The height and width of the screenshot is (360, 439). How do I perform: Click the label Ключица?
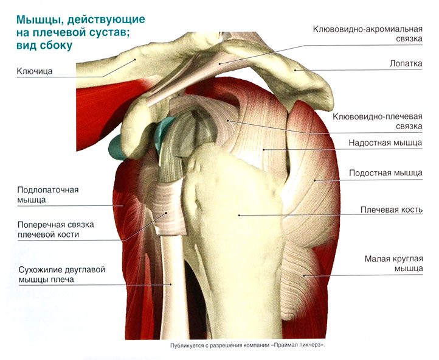(35, 71)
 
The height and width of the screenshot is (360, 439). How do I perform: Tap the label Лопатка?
(406, 63)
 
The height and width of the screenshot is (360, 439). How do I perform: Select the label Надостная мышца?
(385, 143)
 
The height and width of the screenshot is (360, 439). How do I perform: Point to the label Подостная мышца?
(385, 173)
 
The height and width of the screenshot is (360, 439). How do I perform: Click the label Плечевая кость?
(392, 210)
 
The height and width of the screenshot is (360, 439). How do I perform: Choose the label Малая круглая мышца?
(393, 264)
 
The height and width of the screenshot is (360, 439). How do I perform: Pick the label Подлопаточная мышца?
(48, 195)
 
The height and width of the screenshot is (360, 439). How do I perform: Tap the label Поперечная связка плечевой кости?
(56, 230)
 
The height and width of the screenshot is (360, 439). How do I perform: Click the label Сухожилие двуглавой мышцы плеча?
(62, 275)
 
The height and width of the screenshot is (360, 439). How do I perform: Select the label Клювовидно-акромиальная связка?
(368, 34)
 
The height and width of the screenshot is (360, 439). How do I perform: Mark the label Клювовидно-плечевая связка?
(378, 121)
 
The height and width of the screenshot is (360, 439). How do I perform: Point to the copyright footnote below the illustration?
(248, 345)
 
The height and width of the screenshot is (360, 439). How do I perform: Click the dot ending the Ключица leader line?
(134, 60)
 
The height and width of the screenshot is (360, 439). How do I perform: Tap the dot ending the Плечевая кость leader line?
(239, 215)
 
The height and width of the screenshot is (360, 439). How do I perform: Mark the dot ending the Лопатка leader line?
(295, 71)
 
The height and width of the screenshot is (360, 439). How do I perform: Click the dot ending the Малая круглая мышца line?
(304, 276)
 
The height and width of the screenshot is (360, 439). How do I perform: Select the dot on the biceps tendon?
(170, 284)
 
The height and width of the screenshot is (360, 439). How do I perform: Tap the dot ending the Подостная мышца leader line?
(314, 180)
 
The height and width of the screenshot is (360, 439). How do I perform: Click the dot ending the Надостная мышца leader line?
(263, 150)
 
